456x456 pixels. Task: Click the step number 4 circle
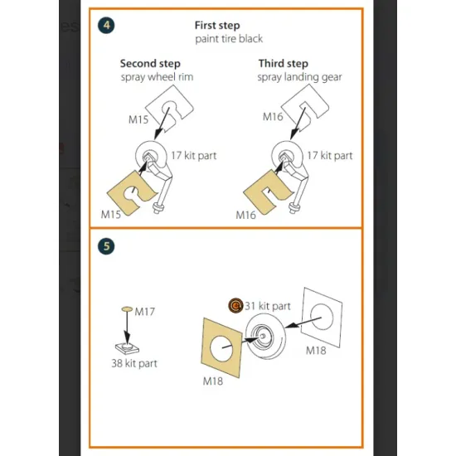[x=106, y=26]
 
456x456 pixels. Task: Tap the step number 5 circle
[x=106, y=246]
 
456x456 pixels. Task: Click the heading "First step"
[x=217, y=26]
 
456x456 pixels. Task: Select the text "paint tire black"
[x=229, y=39]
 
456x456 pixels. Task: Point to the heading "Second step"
[x=150, y=64]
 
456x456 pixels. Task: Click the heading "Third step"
[x=284, y=63]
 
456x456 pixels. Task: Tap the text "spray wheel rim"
[x=157, y=77]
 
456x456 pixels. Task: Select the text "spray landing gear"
[x=299, y=77]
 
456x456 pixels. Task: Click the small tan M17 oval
[x=127, y=309]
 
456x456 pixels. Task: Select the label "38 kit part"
[x=134, y=363]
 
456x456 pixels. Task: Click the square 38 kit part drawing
[x=127, y=348]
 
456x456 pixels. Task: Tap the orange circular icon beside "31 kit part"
[x=235, y=306]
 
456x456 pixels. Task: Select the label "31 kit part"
[x=268, y=306]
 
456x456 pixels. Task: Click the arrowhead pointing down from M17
[x=127, y=340]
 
